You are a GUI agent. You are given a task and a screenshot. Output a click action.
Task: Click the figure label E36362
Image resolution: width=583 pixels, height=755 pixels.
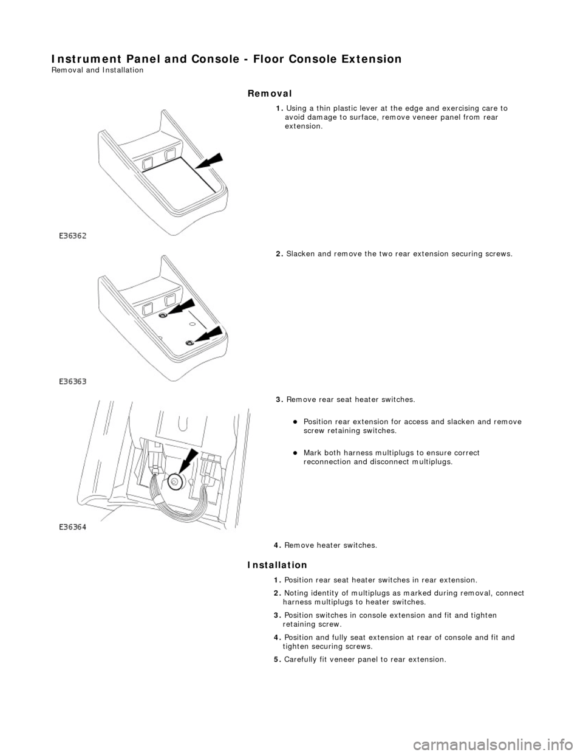tap(73, 236)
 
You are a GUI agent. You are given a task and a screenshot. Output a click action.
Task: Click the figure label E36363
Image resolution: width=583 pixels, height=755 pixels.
tap(73, 382)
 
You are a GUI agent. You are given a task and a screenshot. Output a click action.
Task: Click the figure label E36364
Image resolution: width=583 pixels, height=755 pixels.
tap(73, 528)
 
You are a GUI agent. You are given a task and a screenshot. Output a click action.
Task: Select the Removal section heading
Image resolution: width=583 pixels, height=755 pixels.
tap(270, 93)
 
